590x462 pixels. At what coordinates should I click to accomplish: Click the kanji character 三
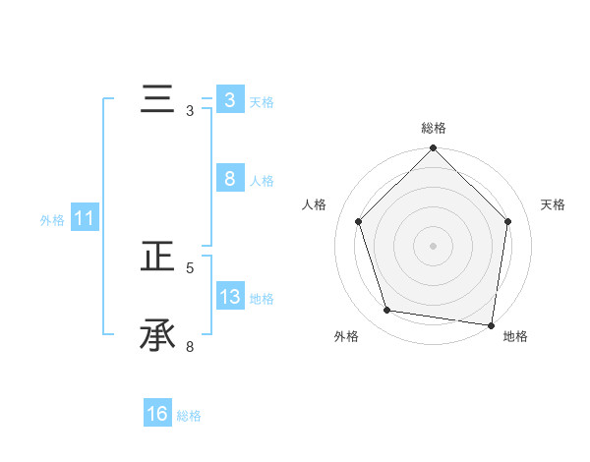(157, 100)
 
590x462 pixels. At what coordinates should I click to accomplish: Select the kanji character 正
(157, 258)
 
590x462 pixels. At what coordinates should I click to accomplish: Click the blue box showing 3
(229, 100)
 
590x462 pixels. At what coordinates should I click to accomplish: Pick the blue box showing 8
(229, 179)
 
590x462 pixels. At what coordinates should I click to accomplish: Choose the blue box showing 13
(229, 297)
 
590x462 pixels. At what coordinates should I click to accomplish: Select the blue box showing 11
(84, 218)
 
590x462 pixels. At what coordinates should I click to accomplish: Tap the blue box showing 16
(157, 414)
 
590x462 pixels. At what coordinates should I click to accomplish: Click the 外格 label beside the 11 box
(52, 220)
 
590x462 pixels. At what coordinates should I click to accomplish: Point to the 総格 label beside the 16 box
(189, 416)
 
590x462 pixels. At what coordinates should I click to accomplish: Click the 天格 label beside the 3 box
(262, 102)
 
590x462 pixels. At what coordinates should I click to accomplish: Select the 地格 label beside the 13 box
(262, 299)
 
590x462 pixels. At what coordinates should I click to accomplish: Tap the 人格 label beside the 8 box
(262, 181)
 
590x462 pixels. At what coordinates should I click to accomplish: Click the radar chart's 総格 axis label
(434, 128)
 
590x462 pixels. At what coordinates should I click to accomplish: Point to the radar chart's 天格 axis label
(554, 204)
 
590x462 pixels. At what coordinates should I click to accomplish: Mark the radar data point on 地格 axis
(491, 324)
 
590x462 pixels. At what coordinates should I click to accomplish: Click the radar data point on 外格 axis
(387, 311)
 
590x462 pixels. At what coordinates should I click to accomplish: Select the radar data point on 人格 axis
(359, 221)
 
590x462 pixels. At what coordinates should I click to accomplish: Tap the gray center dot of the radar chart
(434, 245)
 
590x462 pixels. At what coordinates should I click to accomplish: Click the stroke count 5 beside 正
(190, 267)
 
